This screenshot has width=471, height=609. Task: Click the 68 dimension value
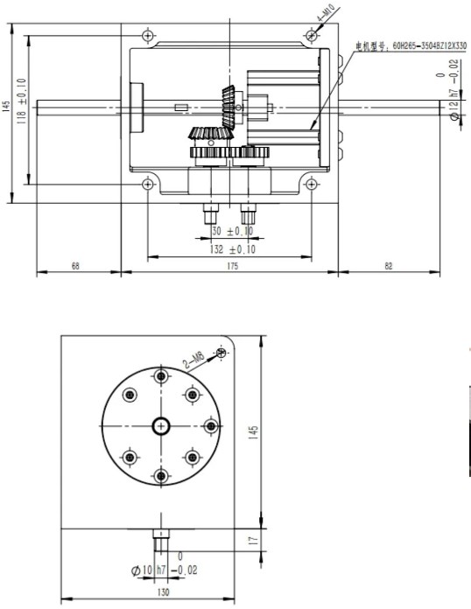pos(75,265)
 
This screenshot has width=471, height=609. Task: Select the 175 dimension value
pos(231,265)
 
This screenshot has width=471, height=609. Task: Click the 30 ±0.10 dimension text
pos(233,231)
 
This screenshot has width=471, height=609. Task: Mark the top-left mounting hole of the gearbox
pos(149,35)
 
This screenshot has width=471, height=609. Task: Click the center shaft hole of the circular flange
pos(161,425)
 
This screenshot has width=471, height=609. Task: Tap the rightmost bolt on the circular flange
pos(210,425)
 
